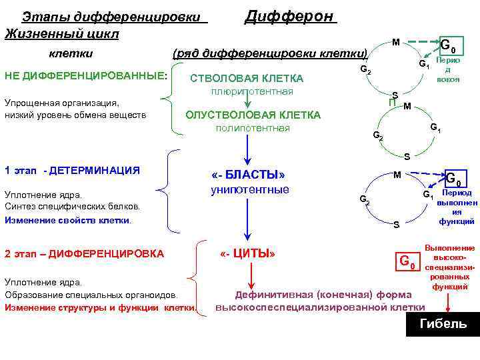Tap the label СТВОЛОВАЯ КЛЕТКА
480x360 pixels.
[247, 78]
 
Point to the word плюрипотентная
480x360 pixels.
[252, 91]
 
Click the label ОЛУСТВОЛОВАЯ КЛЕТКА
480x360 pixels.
[253, 115]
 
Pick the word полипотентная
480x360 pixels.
[253, 128]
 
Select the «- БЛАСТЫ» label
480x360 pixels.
[247, 174]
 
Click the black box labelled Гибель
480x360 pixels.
[443, 324]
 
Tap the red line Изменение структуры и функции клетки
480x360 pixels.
[101, 307]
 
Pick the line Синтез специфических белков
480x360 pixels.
[72, 207]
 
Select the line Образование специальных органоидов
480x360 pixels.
[91, 295]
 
